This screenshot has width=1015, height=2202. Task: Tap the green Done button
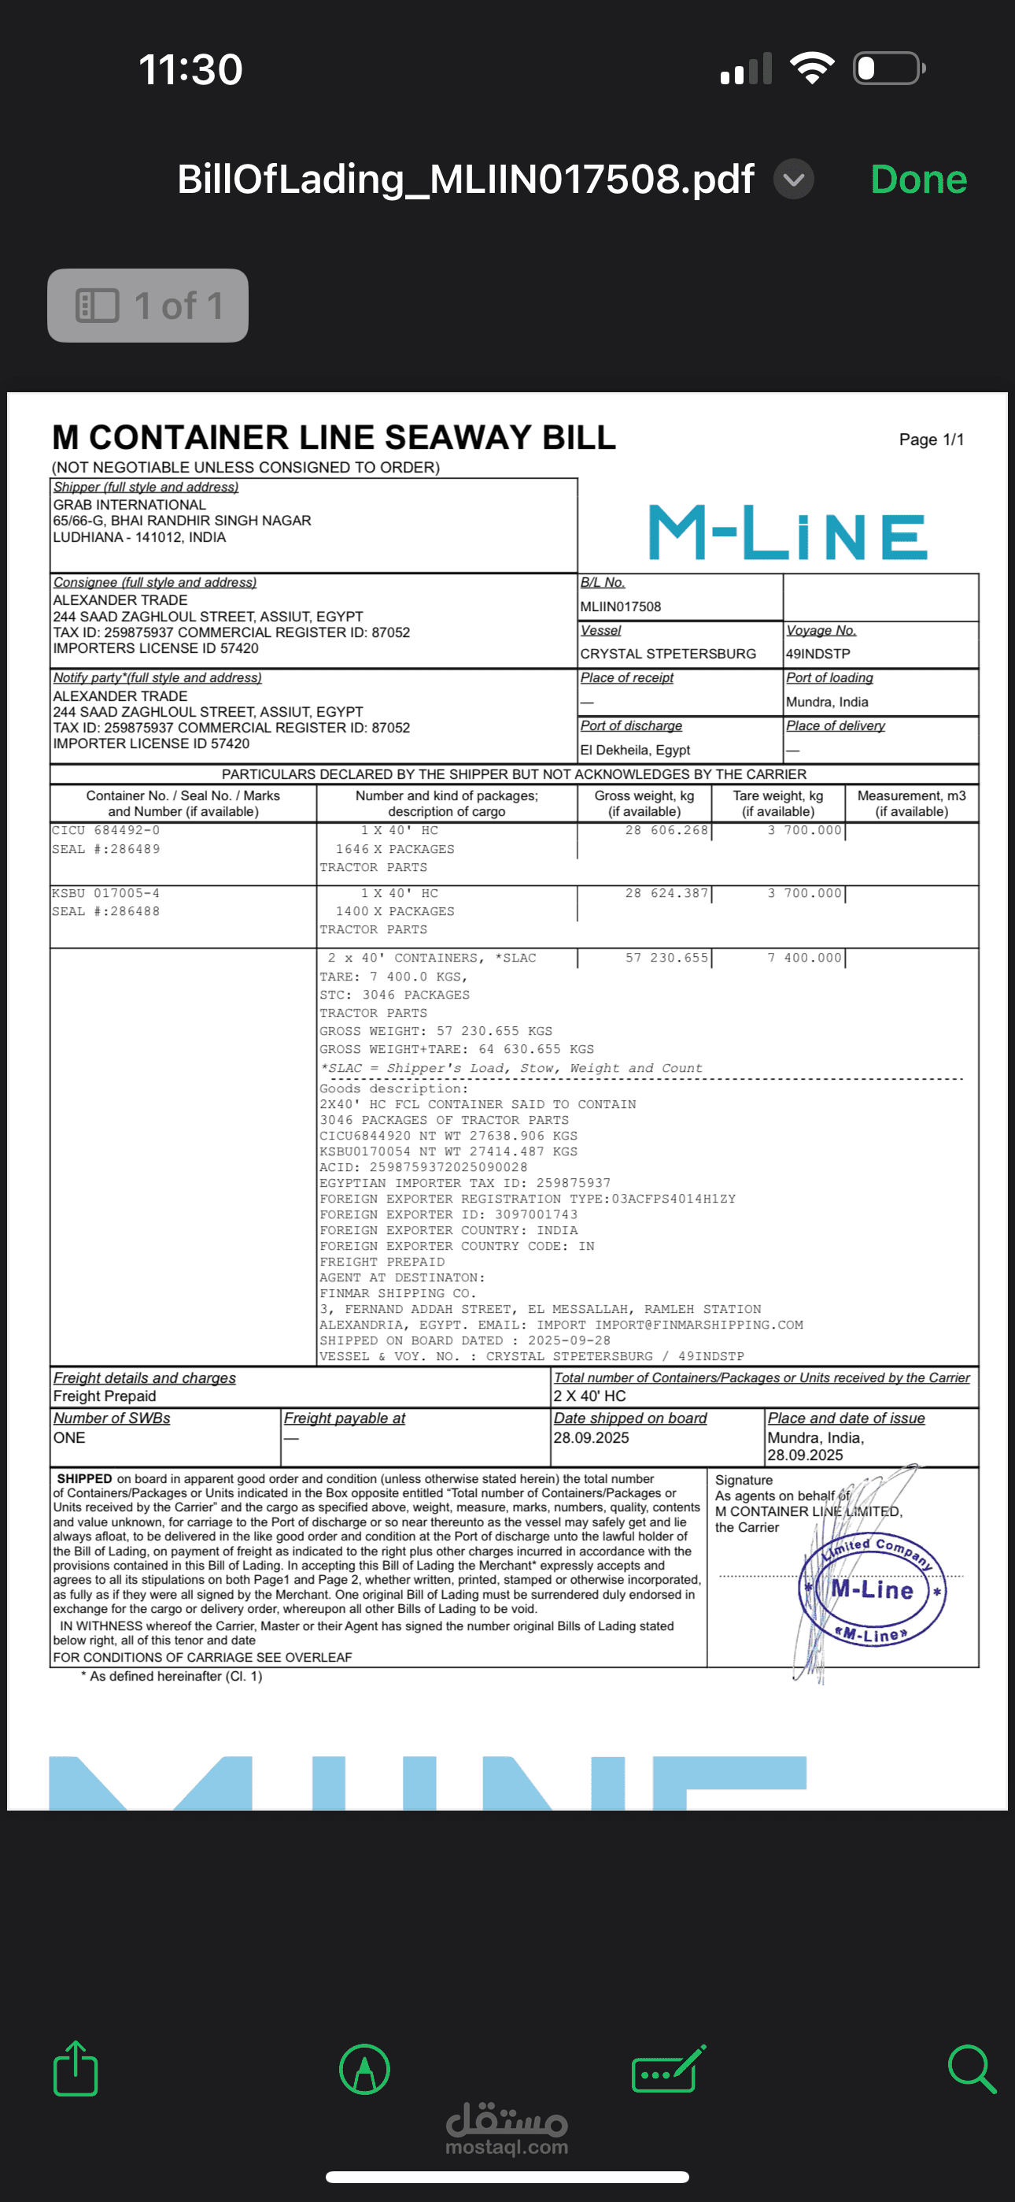tap(917, 180)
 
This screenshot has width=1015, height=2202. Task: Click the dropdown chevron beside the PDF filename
tap(794, 180)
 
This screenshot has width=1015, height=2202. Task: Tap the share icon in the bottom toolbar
tap(76, 2069)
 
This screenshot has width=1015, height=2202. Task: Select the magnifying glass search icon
tap(972, 2069)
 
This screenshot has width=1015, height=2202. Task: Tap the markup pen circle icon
tap(365, 2069)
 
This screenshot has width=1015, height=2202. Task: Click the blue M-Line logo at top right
tap(787, 532)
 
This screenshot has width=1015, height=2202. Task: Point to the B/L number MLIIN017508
tap(620, 607)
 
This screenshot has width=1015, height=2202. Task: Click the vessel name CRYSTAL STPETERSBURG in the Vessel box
tap(667, 654)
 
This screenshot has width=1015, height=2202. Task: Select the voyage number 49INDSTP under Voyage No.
tap(818, 654)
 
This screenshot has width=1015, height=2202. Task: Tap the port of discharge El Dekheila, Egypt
tap(635, 750)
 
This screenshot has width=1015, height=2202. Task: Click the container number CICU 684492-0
tap(106, 830)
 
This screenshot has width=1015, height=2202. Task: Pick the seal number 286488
tap(106, 911)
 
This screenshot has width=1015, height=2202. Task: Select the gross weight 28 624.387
tap(666, 893)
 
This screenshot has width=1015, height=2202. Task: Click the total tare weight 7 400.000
tap(804, 958)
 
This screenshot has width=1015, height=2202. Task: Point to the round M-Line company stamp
tap(873, 1591)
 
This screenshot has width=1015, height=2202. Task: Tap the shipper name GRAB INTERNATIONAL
tap(130, 504)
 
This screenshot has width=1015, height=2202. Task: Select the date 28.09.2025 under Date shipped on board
tap(591, 1438)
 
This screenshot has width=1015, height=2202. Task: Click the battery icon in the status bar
tap(888, 69)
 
